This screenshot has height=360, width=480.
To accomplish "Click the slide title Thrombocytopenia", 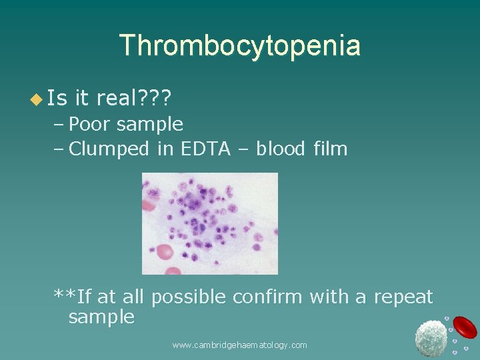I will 240,45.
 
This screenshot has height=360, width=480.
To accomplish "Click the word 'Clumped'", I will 109,149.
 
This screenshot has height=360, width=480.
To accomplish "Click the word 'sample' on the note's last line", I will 101,318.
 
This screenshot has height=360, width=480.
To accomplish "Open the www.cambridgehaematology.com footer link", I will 239,345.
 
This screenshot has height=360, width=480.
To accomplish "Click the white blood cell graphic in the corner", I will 431,337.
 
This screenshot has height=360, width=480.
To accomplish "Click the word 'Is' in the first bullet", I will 58,99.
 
